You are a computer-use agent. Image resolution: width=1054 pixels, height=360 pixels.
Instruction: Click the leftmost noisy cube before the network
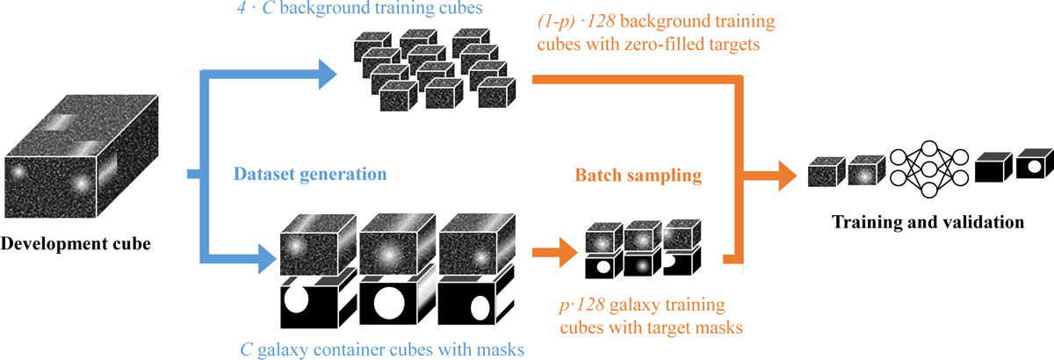tap(826, 171)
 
